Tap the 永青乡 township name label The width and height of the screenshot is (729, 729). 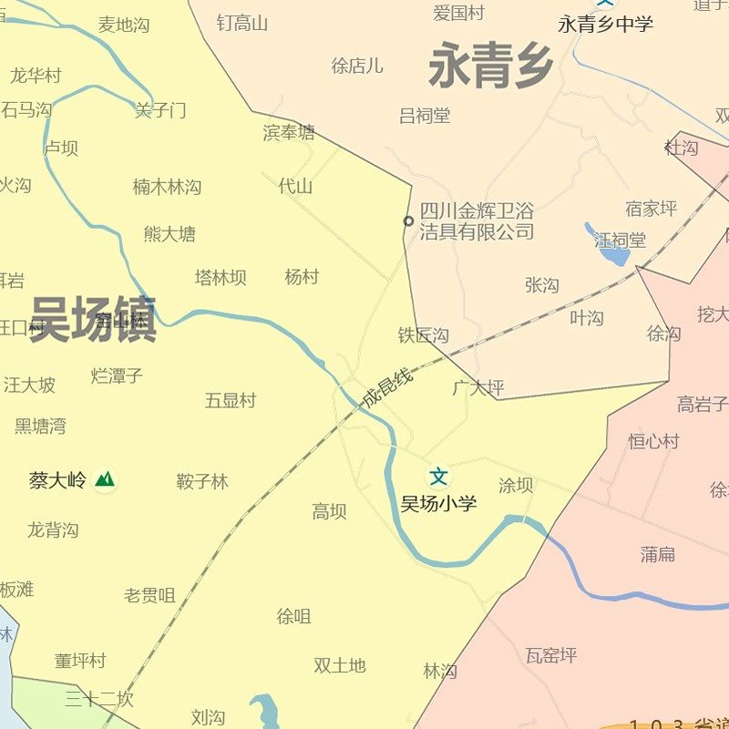click(491, 67)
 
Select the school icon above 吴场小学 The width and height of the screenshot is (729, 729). click(439, 476)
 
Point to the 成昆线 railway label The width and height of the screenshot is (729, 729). click(388, 387)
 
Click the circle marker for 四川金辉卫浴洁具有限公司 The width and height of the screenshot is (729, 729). click(408, 221)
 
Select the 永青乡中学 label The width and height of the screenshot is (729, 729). click(606, 25)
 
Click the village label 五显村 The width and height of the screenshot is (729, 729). click(231, 400)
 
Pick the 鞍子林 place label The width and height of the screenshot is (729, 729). click(202, 481)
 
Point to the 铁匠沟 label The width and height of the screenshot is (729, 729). click(424, 335)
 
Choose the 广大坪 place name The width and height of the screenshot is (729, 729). click(478, 388)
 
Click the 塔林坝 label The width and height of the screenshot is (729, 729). click(221, 277)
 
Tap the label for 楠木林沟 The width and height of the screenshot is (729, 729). click(167, 187)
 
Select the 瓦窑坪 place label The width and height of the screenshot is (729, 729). click(551, 655)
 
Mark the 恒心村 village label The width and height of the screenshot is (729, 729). click(654, 441)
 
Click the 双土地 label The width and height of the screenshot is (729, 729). click(340, 665)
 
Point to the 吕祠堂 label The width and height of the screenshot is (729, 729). click(425, 116)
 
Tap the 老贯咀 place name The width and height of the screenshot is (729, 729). click(149, 596)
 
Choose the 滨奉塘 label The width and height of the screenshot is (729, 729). click(289, 133)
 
